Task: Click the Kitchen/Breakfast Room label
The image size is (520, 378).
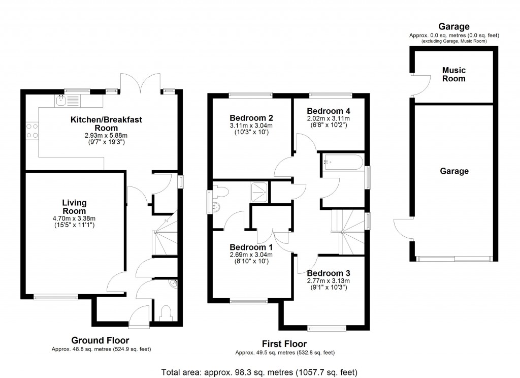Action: (106, 124)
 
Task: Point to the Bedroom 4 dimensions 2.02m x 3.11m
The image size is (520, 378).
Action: (329, 118)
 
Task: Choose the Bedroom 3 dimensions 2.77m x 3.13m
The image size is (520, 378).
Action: (329, 280)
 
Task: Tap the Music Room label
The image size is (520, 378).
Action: (453, 74)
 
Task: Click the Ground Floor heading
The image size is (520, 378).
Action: (100, 340)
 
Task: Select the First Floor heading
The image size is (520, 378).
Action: (284, 344)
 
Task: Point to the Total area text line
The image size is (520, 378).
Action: (259, 371)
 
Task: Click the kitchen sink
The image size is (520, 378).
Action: (61, 101)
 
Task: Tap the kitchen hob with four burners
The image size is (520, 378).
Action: (31, 130)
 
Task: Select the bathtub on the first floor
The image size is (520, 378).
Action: (342, 163)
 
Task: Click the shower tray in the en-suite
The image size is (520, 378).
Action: (259, 192)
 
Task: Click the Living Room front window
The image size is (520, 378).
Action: (56, 297)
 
